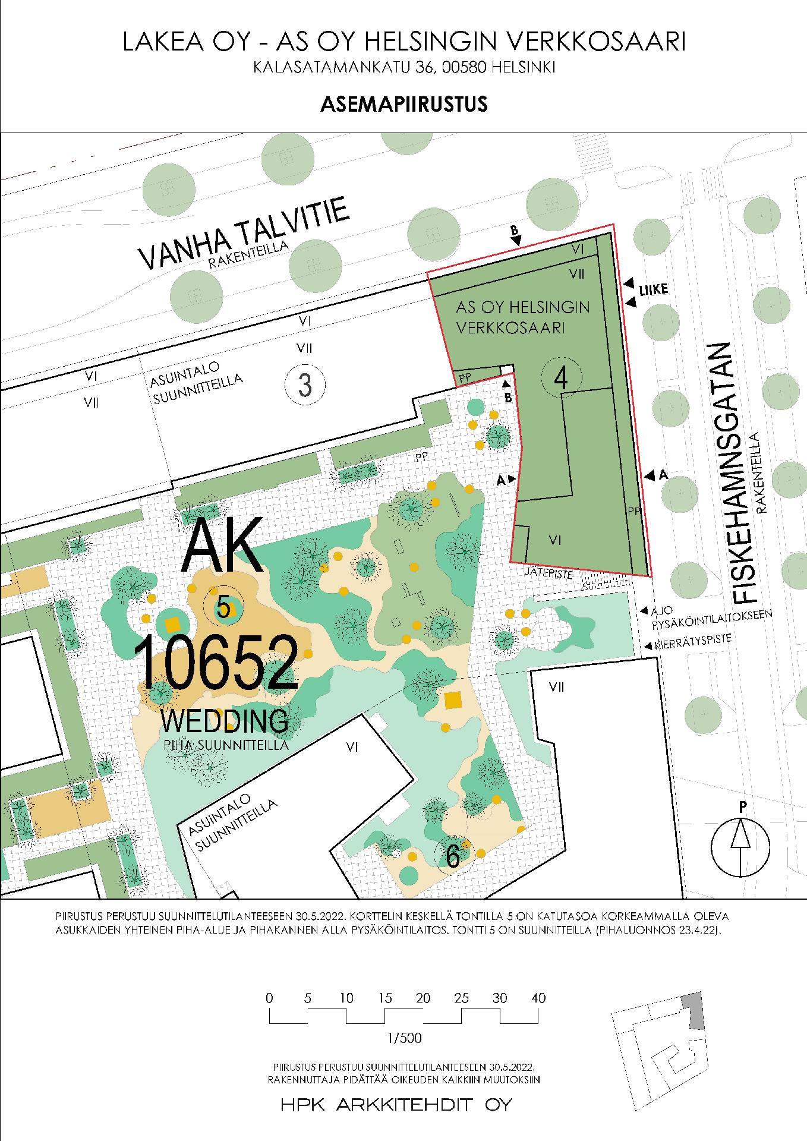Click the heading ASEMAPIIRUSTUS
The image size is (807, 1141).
point(403,104)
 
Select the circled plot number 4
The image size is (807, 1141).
point(562,377)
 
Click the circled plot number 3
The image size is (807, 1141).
point(305,384)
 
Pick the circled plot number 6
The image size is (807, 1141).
point(453,856)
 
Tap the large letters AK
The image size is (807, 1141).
point(222,544)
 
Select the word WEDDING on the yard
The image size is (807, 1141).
point(225,720)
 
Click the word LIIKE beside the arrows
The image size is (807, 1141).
point(654,290)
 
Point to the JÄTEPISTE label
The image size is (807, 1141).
point(549,575)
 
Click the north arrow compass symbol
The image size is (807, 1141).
point(740,847)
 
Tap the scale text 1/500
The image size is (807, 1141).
point(403,1039)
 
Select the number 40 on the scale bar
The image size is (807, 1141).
point(538,998)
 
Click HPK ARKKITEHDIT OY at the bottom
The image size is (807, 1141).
point(396,1105)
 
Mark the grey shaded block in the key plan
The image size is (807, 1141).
point(692,1010)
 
